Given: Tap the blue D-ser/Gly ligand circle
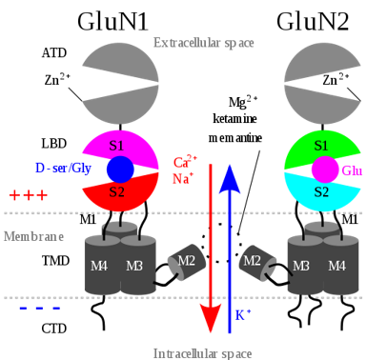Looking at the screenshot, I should (119, 170).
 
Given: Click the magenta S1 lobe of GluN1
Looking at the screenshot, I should (116, 146).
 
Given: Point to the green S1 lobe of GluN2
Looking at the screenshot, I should (320, 146).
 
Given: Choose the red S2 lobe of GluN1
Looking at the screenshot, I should (116, 194).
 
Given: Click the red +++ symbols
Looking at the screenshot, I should (28, 195).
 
